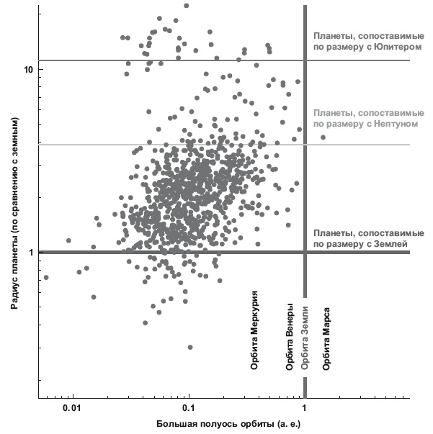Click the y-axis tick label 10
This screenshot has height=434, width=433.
click(28, 69)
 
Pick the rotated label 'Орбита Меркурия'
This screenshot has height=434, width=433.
click(254, 330)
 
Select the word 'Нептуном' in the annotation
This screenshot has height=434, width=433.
click(393, 124)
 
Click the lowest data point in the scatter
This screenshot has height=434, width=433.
click(190, 347)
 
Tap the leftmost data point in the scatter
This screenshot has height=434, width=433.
click(46, 277)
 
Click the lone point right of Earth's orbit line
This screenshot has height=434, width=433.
click(323, 137)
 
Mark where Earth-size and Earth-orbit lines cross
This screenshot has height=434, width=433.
click(305, 253)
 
